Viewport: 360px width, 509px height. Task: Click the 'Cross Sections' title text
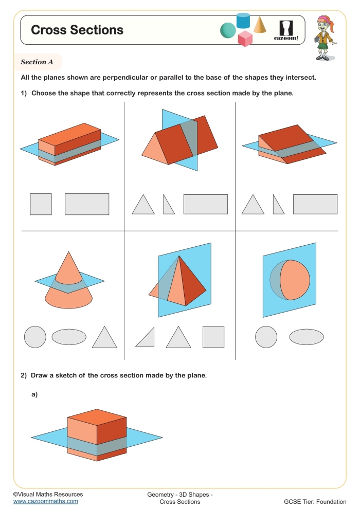[x=77, y=30]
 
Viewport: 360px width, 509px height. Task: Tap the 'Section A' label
[x=37, y=62]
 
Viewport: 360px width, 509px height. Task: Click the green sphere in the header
[x=228, y=31]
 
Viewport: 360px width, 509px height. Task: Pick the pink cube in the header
[x=245, y=39]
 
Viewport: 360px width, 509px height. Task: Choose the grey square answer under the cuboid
[x=41, y=204]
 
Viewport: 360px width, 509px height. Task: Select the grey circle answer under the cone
[x=35, y=337]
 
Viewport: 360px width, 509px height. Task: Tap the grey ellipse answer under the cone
[x=69, y=337]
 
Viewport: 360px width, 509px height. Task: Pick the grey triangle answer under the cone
[x=104, y=338]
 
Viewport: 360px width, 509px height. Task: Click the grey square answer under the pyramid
[x=213, y=337]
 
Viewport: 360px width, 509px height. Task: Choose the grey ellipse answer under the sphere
[x=307, y=337]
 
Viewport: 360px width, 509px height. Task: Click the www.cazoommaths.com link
[x=46, y=501]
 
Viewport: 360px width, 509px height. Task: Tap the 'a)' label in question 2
[x=35, y=395]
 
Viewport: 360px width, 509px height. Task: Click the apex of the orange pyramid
[x=178, y=256]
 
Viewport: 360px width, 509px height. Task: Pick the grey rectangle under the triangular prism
[x=205, y=204]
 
